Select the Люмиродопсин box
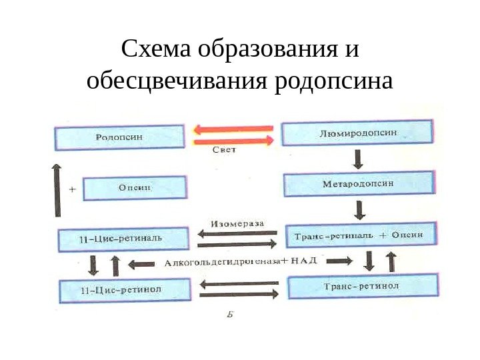pos(357,133)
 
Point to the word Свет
pos(224,151)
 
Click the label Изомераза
pos(237,223)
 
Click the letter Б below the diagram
pos(229,315)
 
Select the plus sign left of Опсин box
pos(72,189)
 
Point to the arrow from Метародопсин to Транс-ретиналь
pos(360,210)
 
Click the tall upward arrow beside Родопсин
pos(57,189)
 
